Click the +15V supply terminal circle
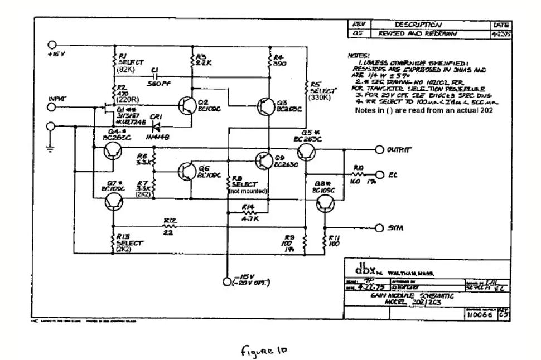(x=53, y=45)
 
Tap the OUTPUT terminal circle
(x=379, y=150)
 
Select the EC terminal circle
(x=379, y=174)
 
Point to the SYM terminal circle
(x=379, y=228)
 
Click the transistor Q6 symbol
(x=186, y=172)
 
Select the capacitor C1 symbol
(x=155, y=76)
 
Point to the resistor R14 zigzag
(x=248, y=212)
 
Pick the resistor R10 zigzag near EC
(x=358, y=174)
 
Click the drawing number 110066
(x=477, y=315)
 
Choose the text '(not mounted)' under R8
(x=249, y=191)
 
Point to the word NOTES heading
(x=359, y=56)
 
